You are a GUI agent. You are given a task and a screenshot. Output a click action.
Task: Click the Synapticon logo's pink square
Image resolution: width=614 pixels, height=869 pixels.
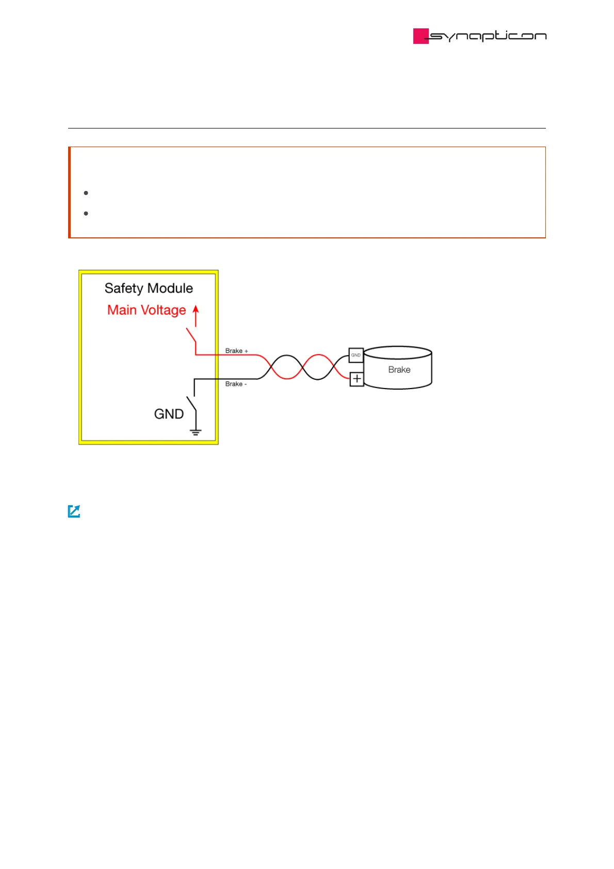(421, 36)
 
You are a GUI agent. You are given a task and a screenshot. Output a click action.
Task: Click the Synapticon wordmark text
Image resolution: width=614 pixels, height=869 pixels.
(488, 36)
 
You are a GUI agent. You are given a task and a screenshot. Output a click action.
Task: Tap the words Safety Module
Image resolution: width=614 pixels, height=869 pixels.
(149, 288)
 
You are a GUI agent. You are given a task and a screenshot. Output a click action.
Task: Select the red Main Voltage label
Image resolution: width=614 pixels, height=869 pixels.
(147, 310)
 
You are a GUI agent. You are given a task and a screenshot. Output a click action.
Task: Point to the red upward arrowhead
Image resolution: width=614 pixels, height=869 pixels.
(196, 309)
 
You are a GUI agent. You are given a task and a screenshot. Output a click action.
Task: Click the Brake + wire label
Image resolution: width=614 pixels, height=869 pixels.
(236, 351)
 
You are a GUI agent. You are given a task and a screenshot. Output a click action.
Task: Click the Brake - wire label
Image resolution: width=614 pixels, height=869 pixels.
(236, 384)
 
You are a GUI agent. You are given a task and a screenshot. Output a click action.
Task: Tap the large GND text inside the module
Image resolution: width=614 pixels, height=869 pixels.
(169, 414)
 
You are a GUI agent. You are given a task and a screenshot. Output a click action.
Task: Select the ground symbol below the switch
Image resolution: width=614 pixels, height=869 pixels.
(196, 431)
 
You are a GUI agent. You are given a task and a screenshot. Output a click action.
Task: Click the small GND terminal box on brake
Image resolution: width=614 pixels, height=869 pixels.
(356, 355)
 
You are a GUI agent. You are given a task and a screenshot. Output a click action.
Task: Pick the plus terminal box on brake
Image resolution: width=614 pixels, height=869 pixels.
(357, 379)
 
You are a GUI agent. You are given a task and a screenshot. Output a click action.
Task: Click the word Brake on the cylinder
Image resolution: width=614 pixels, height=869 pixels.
(399, 369)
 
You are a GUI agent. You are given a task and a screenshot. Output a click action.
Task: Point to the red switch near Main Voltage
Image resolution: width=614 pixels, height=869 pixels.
(191, 335)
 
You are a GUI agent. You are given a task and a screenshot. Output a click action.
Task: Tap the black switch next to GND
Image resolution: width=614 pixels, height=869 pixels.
(191, 403)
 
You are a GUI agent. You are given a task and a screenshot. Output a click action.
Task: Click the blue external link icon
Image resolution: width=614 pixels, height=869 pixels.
(74, 511)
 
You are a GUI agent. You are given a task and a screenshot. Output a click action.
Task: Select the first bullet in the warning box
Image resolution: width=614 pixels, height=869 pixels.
(86, 193)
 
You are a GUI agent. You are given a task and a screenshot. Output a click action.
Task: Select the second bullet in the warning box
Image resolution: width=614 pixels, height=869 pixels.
(86, 213)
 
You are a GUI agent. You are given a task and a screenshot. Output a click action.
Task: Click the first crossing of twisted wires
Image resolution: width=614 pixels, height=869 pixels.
(271, 367)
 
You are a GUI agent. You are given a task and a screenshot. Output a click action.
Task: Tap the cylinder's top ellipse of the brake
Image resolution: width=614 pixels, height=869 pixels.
(398, 353)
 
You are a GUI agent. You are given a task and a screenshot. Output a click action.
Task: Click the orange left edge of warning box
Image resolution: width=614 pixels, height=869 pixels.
(69, 192)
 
